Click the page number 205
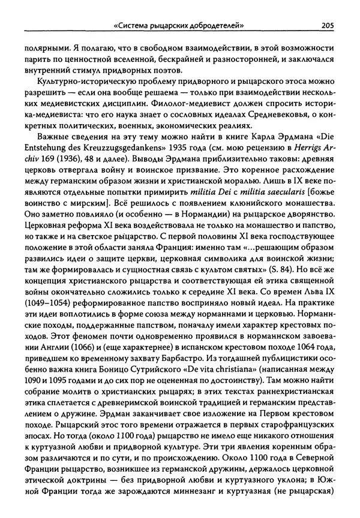(327, 25)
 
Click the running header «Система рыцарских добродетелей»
(182, 25)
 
